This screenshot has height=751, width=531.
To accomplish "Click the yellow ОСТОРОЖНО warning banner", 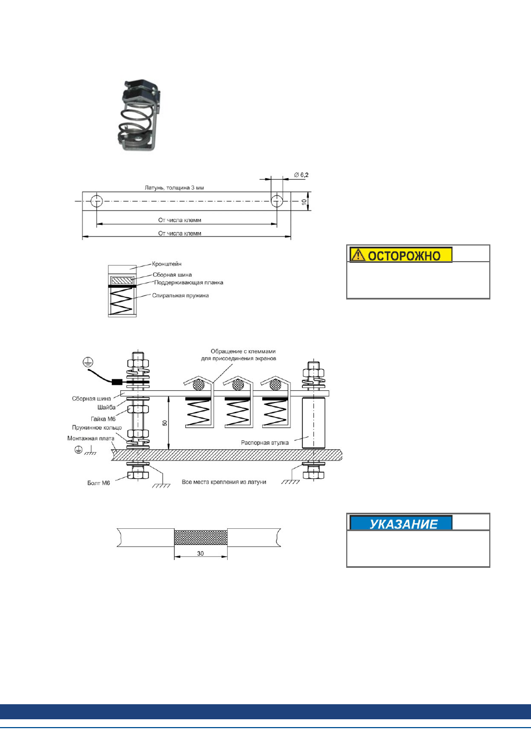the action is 401,255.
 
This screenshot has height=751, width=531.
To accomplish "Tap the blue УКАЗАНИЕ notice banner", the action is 401,523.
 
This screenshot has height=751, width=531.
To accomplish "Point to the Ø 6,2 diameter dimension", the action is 301,175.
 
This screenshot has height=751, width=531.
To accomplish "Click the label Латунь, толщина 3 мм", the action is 174,188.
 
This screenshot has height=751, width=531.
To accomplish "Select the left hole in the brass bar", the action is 96,201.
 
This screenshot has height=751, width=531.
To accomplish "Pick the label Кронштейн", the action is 166,264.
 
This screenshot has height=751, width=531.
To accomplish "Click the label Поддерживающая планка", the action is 189,283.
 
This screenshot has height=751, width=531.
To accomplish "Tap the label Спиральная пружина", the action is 180,296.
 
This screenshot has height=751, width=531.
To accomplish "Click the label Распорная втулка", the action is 265,443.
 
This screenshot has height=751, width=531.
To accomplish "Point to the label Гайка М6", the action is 104,419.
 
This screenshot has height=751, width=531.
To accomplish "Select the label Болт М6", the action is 99,483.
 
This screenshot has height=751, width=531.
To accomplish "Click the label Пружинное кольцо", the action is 97,428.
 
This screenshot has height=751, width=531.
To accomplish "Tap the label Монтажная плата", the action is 91,439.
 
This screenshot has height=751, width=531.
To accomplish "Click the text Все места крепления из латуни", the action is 224,482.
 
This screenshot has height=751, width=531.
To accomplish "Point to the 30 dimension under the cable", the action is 200,553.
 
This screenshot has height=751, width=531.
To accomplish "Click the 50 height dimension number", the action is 165,423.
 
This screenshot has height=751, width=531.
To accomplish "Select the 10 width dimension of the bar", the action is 304,202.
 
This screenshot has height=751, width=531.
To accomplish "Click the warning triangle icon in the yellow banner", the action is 358,255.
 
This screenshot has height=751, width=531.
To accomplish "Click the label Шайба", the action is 107,408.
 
